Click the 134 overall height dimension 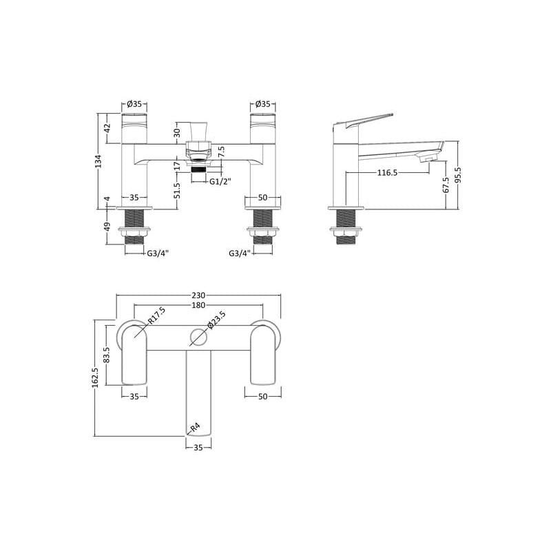[x=98, y=161]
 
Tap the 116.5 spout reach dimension [x=387, y=173]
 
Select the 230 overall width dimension [x=198, y=295]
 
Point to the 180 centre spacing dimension [x=198, y=305]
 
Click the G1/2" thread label [x=220, y=182]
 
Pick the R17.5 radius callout [x=156, y=315]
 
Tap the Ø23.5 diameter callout [x=216, y=320]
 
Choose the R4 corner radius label [x=195, y=427]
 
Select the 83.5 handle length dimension [x=107, y=355]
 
